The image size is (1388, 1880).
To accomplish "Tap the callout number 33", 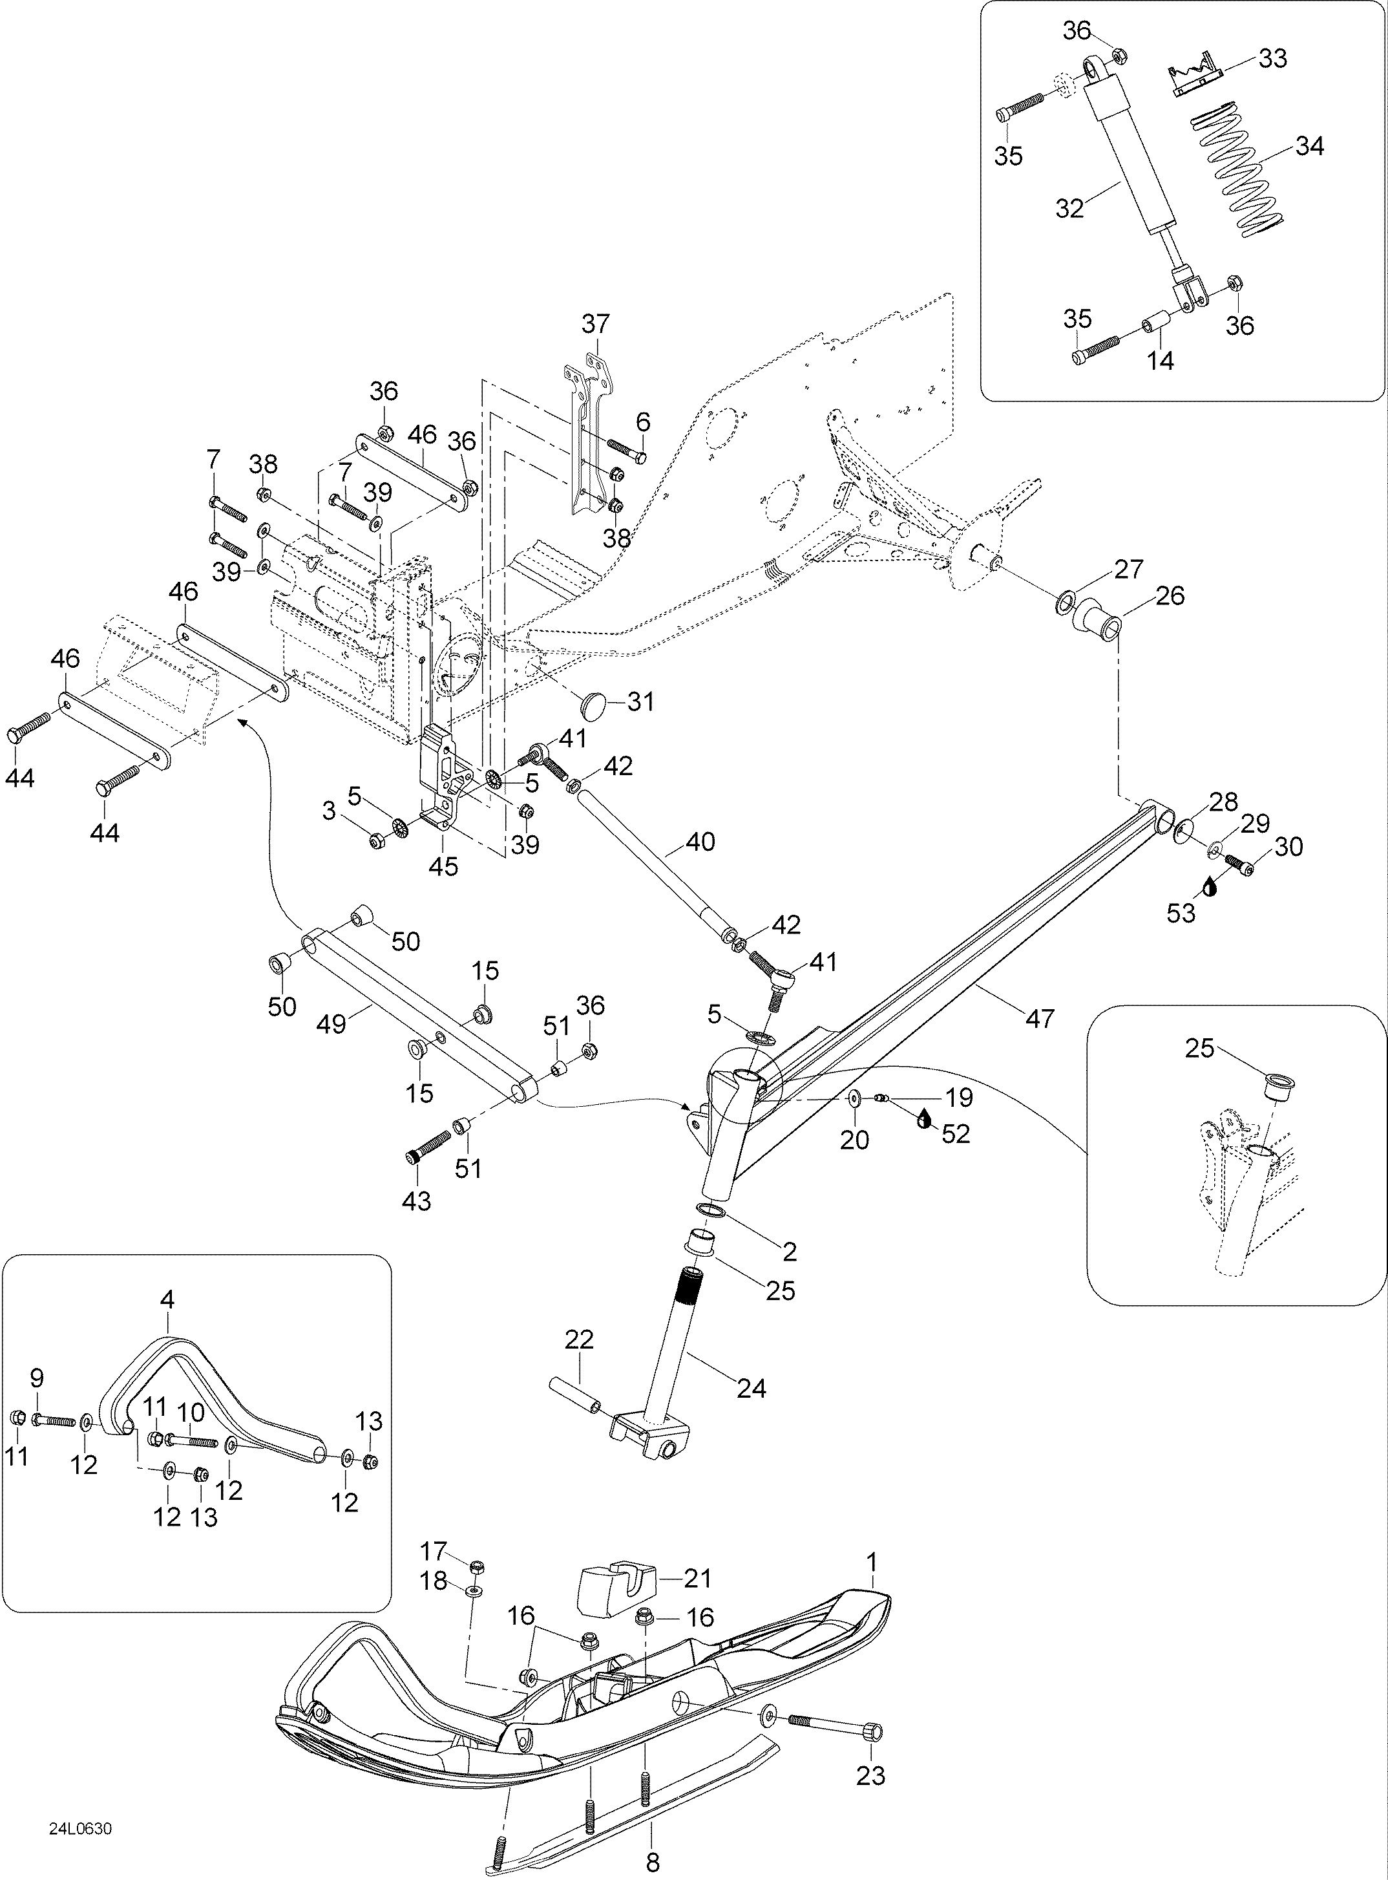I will pyautogui.click(x=1273, y=59).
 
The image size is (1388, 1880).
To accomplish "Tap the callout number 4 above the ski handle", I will pyautogui.click(x=167, y=1299).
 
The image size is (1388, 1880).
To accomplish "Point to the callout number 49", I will pyautogui.click(x=332, y=1025).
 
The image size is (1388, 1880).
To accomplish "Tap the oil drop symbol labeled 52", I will pyautogui.click(x=925, y=1118).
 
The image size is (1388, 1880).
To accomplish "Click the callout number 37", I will pyautogui.click(x=596, y=323).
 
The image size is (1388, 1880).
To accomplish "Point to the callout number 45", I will pyautogui.click(x=444, y=866).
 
